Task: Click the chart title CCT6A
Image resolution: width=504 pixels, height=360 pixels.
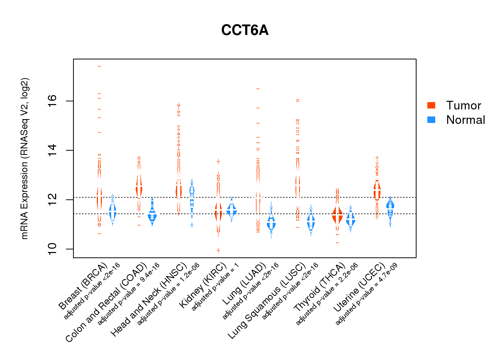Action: point(245,30)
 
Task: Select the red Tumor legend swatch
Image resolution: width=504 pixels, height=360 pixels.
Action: point(431,105)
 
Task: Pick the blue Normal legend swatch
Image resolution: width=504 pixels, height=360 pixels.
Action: point(431,120)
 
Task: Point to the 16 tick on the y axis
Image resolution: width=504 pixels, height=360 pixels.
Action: point(52,101)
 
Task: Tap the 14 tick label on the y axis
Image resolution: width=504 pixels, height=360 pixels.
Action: point(52,150)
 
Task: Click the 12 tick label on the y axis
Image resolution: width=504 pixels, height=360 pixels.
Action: point(52,199)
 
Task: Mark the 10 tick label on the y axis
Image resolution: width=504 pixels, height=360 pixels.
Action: point(52,249)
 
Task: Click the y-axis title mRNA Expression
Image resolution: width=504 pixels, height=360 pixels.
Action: point(24,158)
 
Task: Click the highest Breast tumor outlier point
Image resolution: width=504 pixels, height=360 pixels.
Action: point(99,66)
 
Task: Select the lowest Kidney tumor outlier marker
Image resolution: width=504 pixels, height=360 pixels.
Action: point(218,250)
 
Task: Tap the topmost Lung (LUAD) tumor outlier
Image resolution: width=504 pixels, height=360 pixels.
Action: point(258,89)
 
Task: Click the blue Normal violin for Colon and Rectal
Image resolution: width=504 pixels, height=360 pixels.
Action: point(152,215)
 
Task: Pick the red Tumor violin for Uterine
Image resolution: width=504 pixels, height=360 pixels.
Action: point(377,191)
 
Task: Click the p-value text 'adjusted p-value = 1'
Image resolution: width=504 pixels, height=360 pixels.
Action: point(215,292)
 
